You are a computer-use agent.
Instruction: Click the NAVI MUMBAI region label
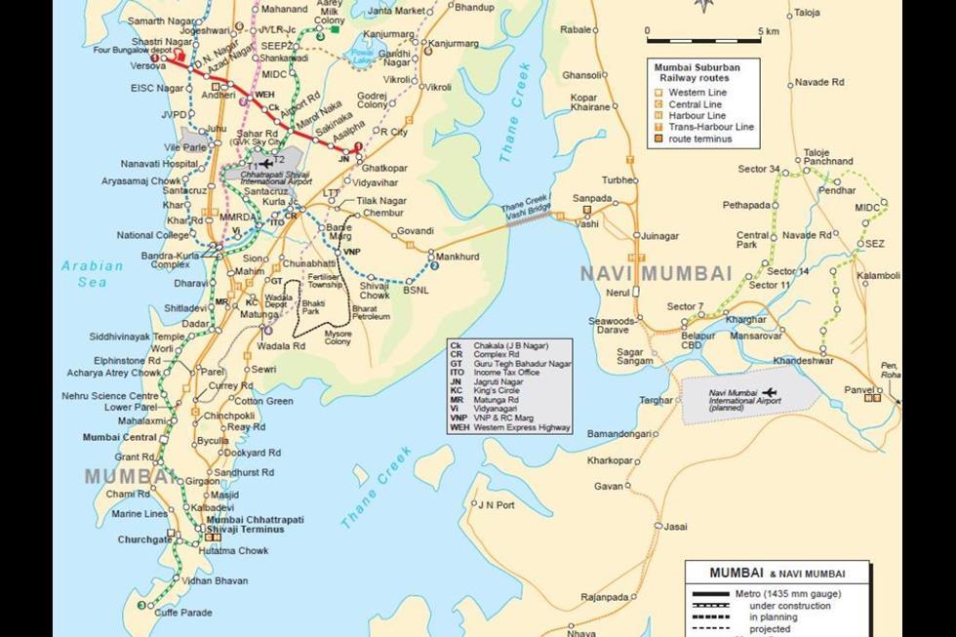point(656,273)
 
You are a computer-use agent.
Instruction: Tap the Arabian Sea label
point(92,273)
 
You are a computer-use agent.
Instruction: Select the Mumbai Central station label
point(119,437)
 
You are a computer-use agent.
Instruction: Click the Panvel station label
point(858,389)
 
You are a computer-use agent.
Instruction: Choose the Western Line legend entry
point(697,92)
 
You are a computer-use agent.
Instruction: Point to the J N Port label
point(495,504)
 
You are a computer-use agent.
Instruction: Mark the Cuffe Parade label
point(183,613)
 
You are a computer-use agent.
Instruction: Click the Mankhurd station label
point(458,256)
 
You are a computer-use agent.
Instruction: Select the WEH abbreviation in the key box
point(459,426)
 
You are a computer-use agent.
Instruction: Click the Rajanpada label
point(604,597)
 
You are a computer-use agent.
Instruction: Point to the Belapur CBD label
point(697,340)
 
